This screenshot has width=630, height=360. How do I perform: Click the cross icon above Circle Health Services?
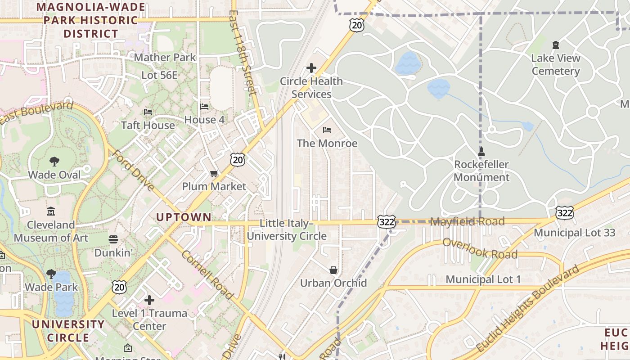(311, 68)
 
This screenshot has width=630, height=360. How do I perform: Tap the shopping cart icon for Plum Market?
(214, 173)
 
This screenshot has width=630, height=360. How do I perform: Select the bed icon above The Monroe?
(327, 130)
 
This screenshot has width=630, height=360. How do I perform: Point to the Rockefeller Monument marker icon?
(481, 151)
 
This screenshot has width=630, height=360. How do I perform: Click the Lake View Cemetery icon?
(556, 45)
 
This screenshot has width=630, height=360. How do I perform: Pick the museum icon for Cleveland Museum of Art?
(51, 211)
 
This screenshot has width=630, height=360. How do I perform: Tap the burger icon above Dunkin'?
(113, 239)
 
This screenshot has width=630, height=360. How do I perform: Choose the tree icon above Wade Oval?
(54, 161)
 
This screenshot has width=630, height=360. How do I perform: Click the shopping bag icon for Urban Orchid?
(333, 270)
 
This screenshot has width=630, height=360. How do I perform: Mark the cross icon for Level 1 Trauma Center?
(149, 300)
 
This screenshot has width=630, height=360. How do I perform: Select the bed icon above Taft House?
(148, 112)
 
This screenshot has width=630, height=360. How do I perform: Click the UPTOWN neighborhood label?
(184, 217)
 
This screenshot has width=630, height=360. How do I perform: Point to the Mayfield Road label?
(468, 221)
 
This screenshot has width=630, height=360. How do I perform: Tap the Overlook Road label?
(480, 248)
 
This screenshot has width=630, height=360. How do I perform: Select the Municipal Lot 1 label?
(483, 279)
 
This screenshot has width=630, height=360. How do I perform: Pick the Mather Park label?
(165, 58)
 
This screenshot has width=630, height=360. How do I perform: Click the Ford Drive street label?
(133, 171)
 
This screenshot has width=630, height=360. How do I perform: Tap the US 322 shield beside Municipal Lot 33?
(564, 212)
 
